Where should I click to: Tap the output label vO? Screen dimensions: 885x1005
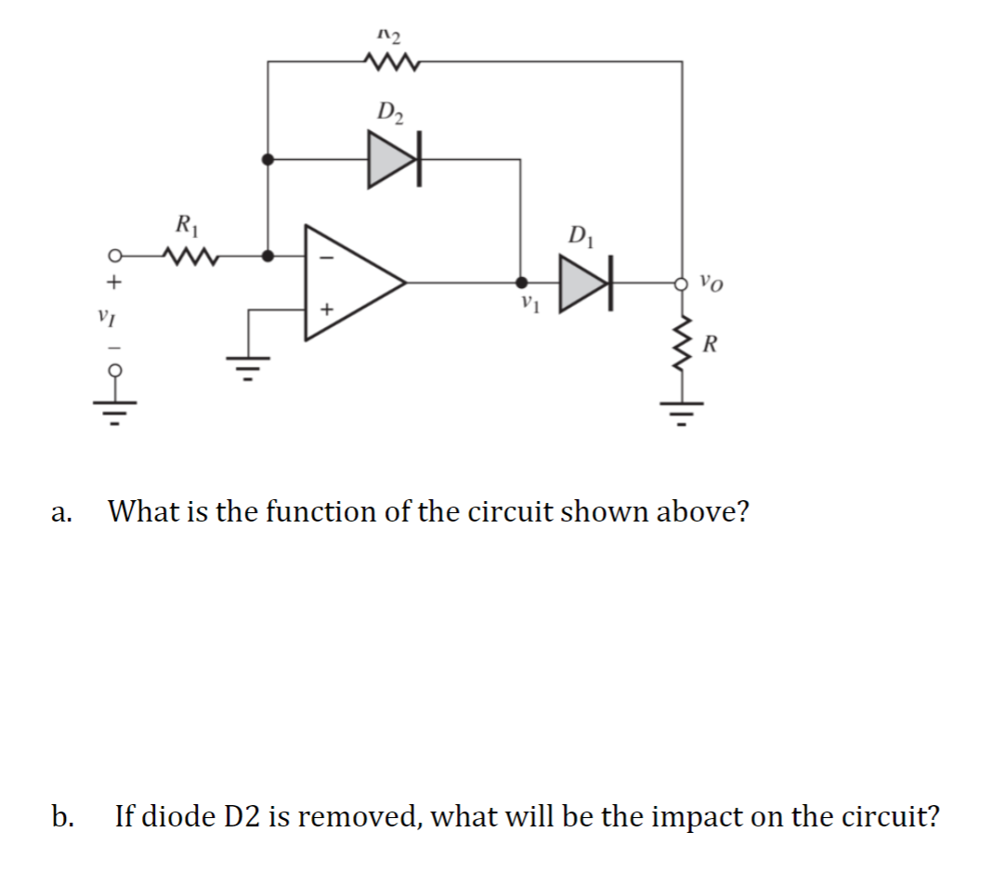point(711,280)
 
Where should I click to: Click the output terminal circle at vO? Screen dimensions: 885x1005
point(684,282)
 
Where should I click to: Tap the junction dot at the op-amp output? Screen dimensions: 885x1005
point(522,282)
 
